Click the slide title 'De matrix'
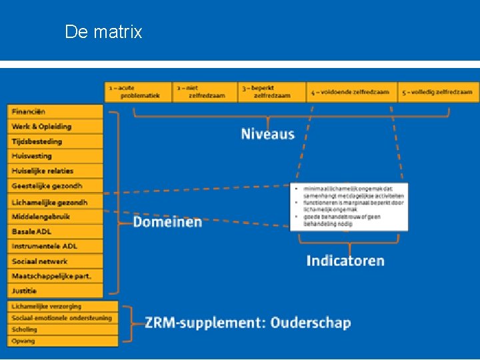pyautogui.click(x=103, y=32)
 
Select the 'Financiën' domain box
pyautogui.click(x=56, y=112)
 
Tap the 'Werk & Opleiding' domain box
pyautogui.click(x=56, y=127)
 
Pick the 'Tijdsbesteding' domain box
pyautogui.click(x=56, y=141)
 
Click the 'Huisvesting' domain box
pyautogui.click(x=56, y=156)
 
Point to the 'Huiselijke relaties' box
pyautogui.click(x=56, y=171)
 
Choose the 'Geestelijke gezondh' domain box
pyautogui.click(x=56, y=186)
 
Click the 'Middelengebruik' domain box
pyautogui.click(x=56, y=217)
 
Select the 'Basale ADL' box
pyautogui.click(x=56, y=231)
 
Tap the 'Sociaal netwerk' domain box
pyautogui.click(x=56, y=261)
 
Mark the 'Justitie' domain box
pyautogui.click(x=56, y=291)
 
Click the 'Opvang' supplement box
pyautogui.click(x=63, y=341)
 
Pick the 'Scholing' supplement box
pyautogui.click(x=63, y=329)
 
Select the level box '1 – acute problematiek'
pyautogui.click(x=138, y=92)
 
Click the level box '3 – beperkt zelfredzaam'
pyautogui.click(x=272, y=92)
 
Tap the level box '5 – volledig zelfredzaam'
pyautogui.click(x=439, y=92)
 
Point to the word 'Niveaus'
pyautogui.click(x=267, y=134)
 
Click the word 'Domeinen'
pyautogui.click(x=167, y=221)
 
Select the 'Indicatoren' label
pyautogui.click(x=345, y=261)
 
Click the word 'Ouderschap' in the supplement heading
pyautogui.click(x=310, y=323)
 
